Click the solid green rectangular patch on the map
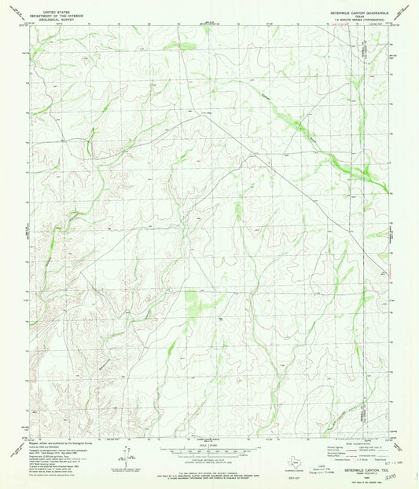192,301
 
